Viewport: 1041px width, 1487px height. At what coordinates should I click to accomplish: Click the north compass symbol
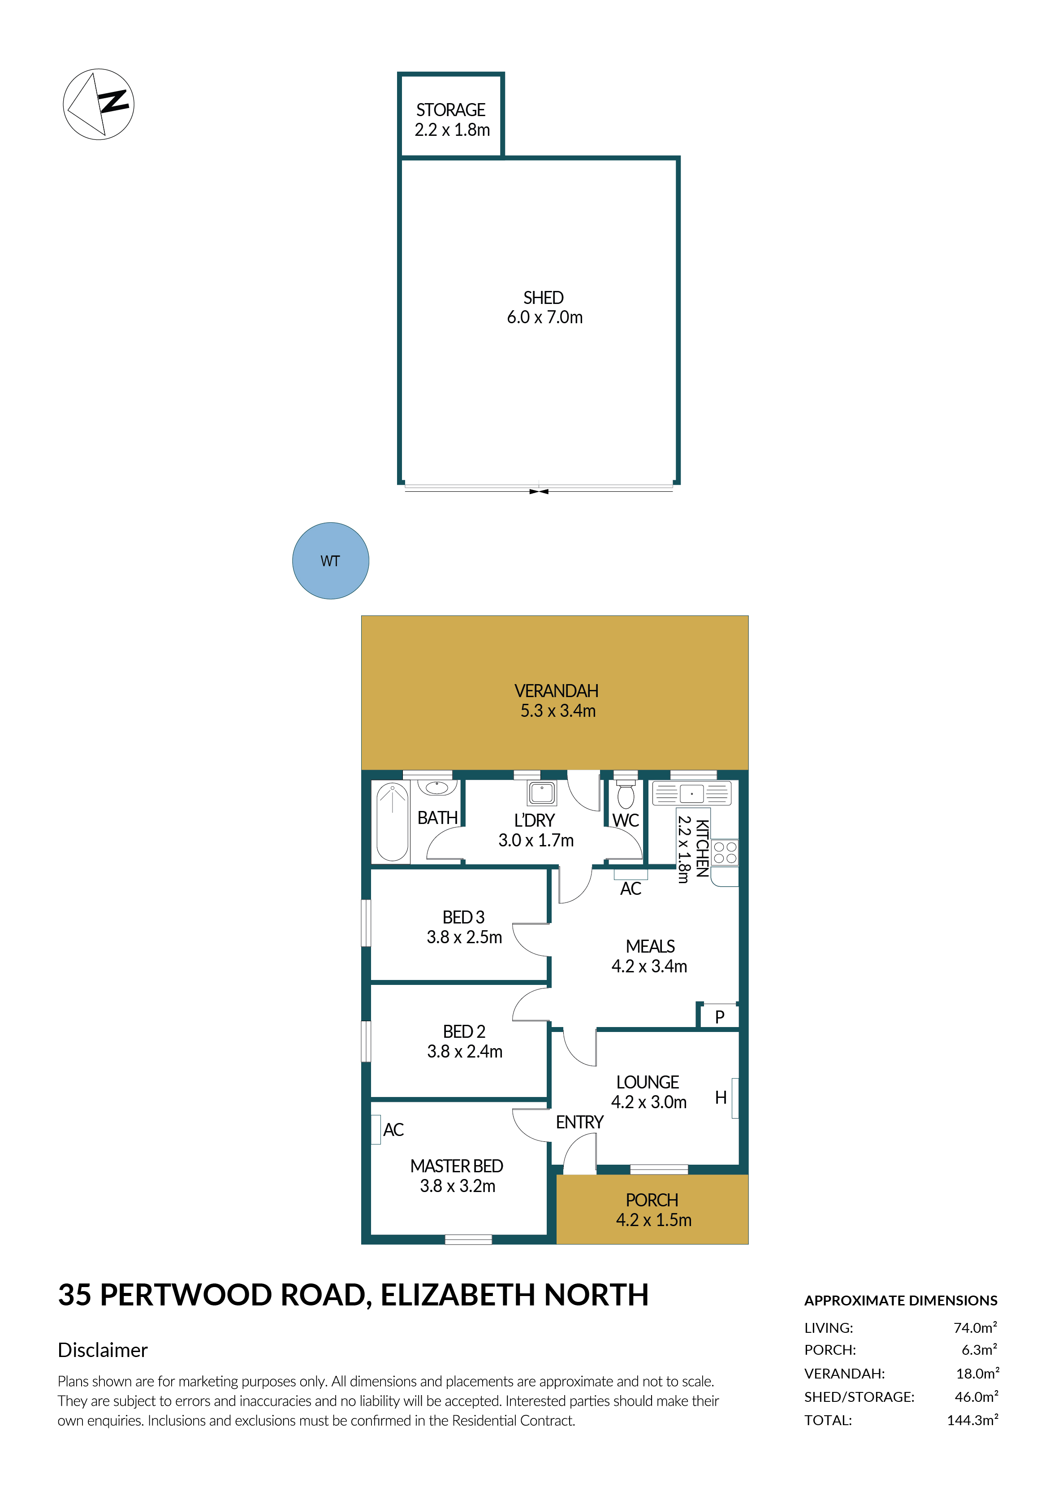[99, 104]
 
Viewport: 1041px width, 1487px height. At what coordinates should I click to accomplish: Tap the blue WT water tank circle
[330, 561]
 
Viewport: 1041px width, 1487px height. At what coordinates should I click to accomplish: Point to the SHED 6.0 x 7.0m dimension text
[544, 317]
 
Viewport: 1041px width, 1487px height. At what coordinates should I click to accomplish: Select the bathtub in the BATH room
[392, 821]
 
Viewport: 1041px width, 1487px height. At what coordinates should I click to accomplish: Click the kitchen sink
[691, 793]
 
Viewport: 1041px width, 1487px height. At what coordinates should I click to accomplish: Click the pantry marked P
[719, 1017]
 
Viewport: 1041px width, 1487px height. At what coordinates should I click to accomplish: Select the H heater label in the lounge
[721, 1097]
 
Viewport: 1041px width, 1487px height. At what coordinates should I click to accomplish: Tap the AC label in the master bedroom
[393, 1130]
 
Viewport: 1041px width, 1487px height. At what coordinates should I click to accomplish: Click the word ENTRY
[579, 1123]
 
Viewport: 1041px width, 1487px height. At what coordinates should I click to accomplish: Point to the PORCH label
[652, 1200]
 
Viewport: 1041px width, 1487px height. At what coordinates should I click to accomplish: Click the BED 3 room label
[463, 917]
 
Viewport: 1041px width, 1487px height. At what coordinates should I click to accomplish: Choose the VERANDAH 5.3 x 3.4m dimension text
[558, 711]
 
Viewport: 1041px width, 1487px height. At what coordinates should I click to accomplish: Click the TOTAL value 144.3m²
[972, 1420]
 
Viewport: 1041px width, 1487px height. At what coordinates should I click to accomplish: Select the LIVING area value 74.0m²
[975, 1327]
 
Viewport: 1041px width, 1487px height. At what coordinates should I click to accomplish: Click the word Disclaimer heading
[102, 1350]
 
